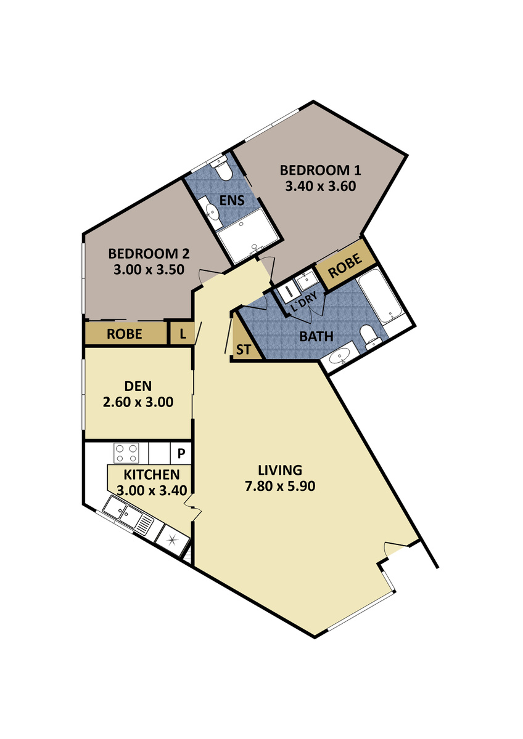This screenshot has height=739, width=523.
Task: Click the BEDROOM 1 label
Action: click(320, 170)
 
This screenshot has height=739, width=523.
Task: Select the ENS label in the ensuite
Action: click(233, 200)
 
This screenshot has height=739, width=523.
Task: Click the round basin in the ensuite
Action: click(212, 214)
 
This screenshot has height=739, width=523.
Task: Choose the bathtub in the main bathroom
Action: click(381, 300)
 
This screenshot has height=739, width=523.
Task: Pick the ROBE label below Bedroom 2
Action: click(125, 334)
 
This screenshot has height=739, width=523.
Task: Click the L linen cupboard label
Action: click(183, 334)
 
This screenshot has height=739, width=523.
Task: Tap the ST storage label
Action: click(244, 350)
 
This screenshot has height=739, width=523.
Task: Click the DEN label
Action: click(138, 386)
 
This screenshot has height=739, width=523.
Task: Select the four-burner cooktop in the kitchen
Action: click(126, 454)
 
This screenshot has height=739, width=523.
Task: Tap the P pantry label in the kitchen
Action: click(181, 454)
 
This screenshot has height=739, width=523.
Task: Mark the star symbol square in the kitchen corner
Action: click(172, 540)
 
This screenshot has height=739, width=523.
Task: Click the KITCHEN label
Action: click(152, 475)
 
